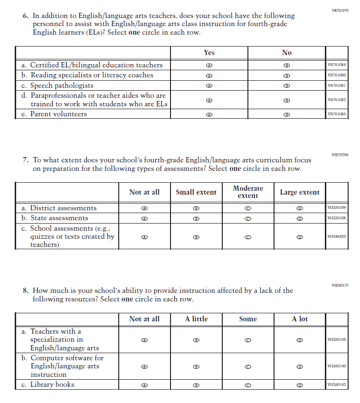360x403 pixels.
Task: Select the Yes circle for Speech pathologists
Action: pyautogui.click(x=208, y=86)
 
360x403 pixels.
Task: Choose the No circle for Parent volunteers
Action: pyautogui.click(x=286, y=114)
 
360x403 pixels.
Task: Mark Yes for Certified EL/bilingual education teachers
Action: pyautogui.click(x=208, y=66)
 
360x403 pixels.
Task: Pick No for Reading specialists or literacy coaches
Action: pyautogui.click(x=286, y=75)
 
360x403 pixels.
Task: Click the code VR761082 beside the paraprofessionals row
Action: pyautogui.click(x=337, y=100)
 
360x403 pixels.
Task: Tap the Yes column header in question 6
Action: pyautogui.click(x=209, y=53)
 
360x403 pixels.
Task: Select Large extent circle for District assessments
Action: pyautogui.click(x=300, y=208)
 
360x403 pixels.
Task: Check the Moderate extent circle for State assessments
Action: pyautogui.click(x=248, y=218)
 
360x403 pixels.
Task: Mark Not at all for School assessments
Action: pyautogui.click(x=144, y=236)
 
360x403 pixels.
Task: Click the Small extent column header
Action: pyautogui.click(x=196, y=192)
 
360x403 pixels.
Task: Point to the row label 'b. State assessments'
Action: pyautogui.click(x=55, y=218)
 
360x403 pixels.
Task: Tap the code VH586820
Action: pyautogui.click(x=337, y=236)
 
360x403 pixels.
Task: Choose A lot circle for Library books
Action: pyautogui.click(x=300, y=385)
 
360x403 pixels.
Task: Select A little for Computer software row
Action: pyautogui.click(x=196, y=366)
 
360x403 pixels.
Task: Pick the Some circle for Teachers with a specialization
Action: pyautogui.click(x=248, y=340)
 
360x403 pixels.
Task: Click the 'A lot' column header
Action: pyautogui.click(x=300, y=319)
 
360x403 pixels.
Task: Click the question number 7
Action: pyautogui.click(x=26, y=160)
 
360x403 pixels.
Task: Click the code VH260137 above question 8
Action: pyautogui.click(x=340, y=285)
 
